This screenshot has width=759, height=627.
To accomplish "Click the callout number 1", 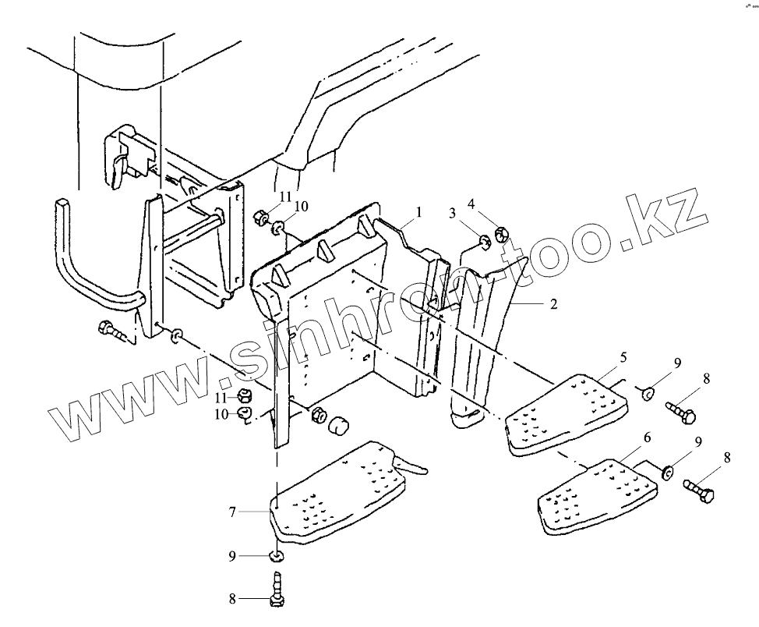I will pos(418,212).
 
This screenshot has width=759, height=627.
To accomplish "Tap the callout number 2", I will pos(553,304).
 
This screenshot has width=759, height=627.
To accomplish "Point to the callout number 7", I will pos(232,512).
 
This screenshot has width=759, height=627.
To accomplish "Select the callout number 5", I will pos(623,356).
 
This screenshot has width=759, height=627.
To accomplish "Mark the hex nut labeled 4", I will pos(502,232).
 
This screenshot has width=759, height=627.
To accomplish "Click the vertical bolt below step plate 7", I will pos(276,587).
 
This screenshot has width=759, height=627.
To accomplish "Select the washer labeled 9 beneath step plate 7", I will pos(276,555).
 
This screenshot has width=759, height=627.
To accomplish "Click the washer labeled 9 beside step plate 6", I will pos(668,471).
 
